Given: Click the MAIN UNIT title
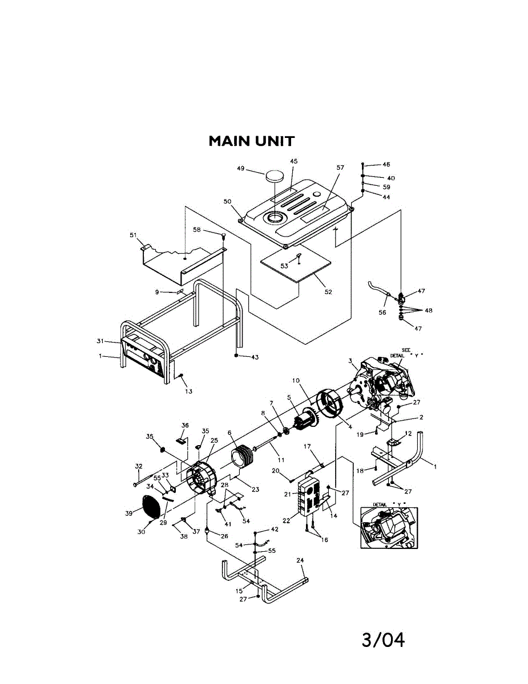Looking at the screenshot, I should point(251,141).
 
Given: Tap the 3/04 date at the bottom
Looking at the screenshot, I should point(383,640).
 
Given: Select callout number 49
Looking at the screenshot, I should point(241,168).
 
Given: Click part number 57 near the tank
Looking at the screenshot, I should point(340,168).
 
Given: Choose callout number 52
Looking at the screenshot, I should point(328,292).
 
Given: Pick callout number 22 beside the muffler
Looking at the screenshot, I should point(286,520).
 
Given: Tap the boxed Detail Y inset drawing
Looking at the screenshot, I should point(389,527).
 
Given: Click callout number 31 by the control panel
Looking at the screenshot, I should point(101,341).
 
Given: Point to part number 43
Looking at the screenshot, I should point(255,357).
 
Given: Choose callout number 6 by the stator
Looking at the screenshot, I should point(229,433).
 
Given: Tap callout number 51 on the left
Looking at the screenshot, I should point(134,235).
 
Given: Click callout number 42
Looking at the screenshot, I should point(275,530).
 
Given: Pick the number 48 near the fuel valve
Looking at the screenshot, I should point(429,311).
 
